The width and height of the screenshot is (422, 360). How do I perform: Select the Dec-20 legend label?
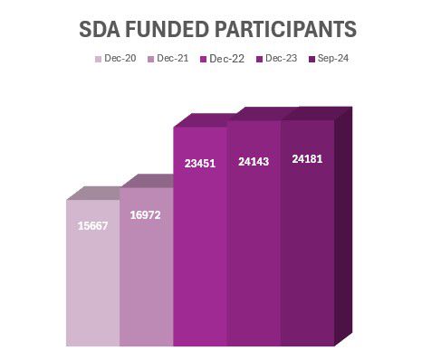[120, 59]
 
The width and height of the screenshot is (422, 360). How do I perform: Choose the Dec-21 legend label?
[172, 59]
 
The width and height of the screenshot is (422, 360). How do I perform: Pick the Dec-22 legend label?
[226, 59]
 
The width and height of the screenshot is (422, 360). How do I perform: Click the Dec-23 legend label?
[281, 59]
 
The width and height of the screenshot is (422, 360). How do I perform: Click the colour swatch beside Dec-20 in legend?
[98, 60]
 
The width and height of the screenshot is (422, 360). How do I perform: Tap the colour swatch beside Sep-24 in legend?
[311, 60]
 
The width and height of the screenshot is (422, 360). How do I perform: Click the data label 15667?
[92, 225]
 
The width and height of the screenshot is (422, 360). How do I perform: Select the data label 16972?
[145, 215]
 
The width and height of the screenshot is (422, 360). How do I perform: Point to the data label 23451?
[199, 164]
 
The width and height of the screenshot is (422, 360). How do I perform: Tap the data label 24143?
[254, 162]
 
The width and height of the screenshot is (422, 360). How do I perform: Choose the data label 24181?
[307, 159]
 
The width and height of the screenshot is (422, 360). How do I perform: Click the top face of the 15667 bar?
[100, 193]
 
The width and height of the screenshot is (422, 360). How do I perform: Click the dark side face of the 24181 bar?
[343, 226]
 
